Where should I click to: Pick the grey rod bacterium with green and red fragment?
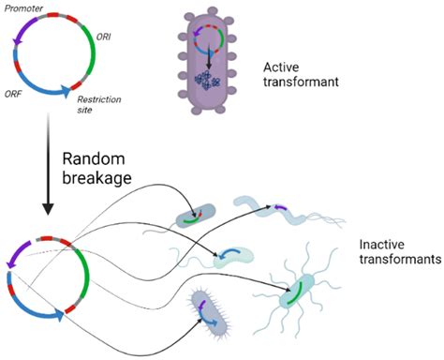195,217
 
